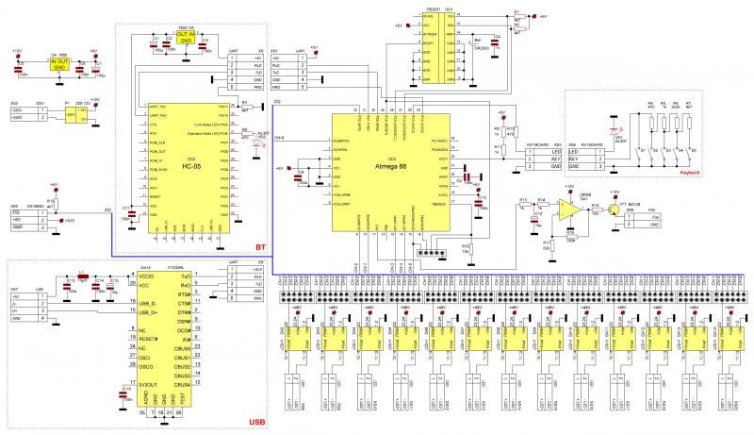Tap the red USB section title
(x=254, y=423)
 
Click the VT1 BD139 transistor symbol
(x=615, y=209)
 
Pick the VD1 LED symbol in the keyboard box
(x=616, y=129)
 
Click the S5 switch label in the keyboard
(x=693, y=149)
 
